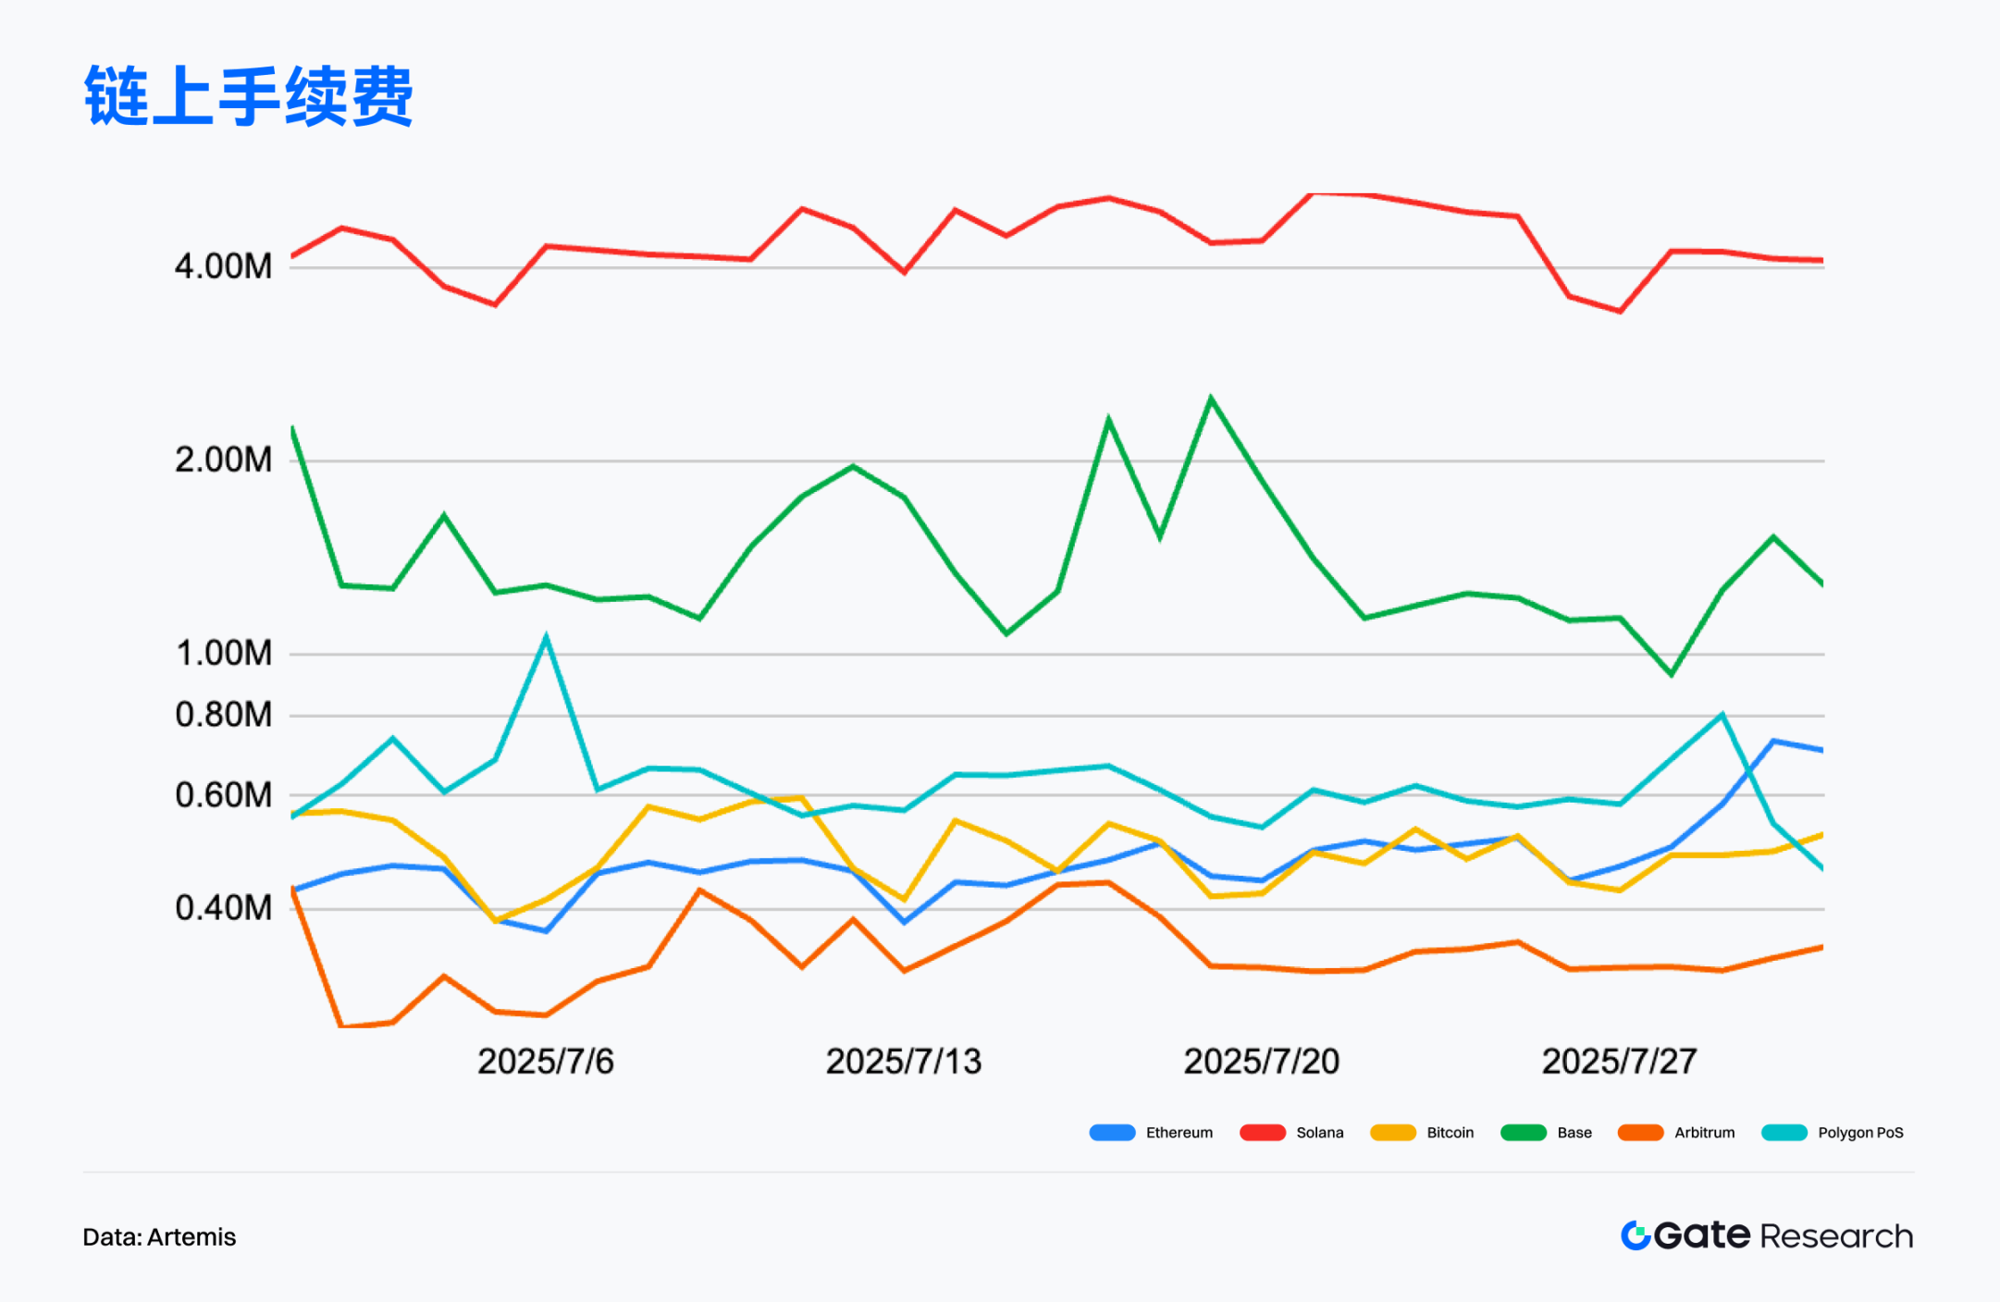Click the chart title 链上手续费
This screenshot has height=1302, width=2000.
point(248,96)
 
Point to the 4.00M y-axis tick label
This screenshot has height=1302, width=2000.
point(223,266)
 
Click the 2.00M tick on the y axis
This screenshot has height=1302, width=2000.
point(223,460)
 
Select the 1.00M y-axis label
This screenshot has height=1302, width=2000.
point(223,653)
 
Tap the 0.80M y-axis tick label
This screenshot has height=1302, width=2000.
point(223,715)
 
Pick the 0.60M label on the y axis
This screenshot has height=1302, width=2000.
point(223,794)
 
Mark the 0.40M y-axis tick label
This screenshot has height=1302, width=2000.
point(223,908)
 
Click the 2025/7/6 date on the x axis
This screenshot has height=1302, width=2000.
point(545,1062)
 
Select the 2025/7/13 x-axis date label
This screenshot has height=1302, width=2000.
point(903,1062)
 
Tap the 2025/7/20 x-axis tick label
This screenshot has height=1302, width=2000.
point(1261,1062)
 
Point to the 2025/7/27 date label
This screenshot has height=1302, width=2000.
point(1619,1062)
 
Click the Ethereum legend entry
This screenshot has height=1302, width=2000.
point(1152,1133)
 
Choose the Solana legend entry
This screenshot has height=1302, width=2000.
point(1292,1133)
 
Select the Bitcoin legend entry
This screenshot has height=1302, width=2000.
point(1423,1133)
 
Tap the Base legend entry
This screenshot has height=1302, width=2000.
point(1547,1133)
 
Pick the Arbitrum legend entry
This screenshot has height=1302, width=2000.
point(1677,1133)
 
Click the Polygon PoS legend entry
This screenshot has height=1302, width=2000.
point(1833,1133)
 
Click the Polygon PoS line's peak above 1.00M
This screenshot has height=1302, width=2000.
point(546,637)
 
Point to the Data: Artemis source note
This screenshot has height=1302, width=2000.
point(159,1237)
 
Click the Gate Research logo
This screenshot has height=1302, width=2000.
point(1766,1235)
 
